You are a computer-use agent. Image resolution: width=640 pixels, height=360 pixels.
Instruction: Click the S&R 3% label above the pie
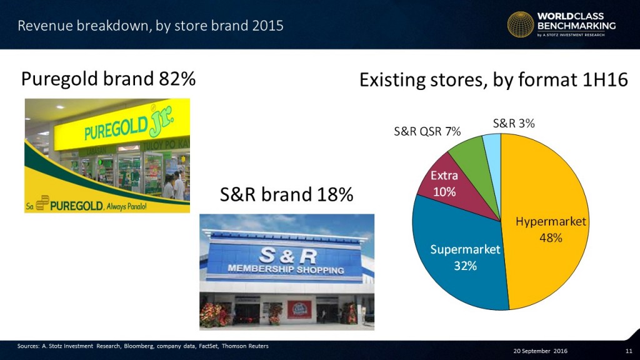[513, 124]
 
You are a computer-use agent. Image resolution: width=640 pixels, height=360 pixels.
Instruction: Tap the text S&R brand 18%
[286, 195]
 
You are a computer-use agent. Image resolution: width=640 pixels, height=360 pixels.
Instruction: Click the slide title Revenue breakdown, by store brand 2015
[150, 26]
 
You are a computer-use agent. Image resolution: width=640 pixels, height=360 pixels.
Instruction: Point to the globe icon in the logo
[520, 26]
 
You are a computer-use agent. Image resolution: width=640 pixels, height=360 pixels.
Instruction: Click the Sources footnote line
[139, 346]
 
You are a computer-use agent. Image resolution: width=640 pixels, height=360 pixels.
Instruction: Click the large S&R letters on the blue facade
[287, 255]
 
